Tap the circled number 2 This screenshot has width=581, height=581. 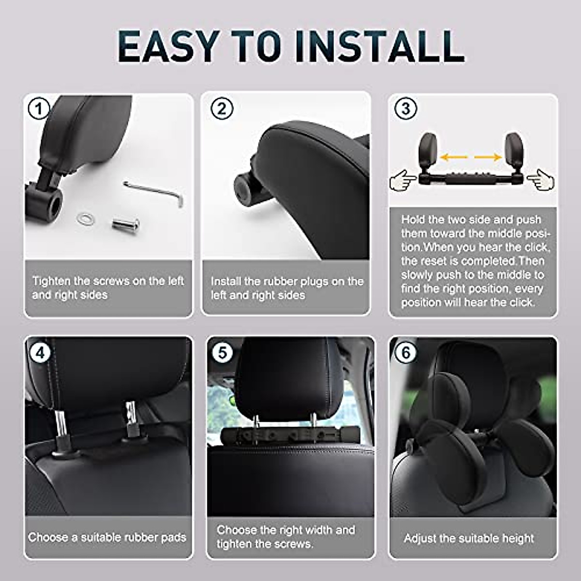[x=222, y=109]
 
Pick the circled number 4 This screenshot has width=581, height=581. [x=40, y=352]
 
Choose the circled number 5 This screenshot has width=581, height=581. [x=222, y=352]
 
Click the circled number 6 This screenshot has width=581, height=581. [x=406, y=352]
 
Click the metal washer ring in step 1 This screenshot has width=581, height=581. [x=86, y=219]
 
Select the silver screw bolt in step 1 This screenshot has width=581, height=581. [x=126, y=224]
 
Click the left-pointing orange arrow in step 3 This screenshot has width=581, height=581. [x=454, y=157]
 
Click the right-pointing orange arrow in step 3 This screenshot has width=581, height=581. [x=488, y=157]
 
